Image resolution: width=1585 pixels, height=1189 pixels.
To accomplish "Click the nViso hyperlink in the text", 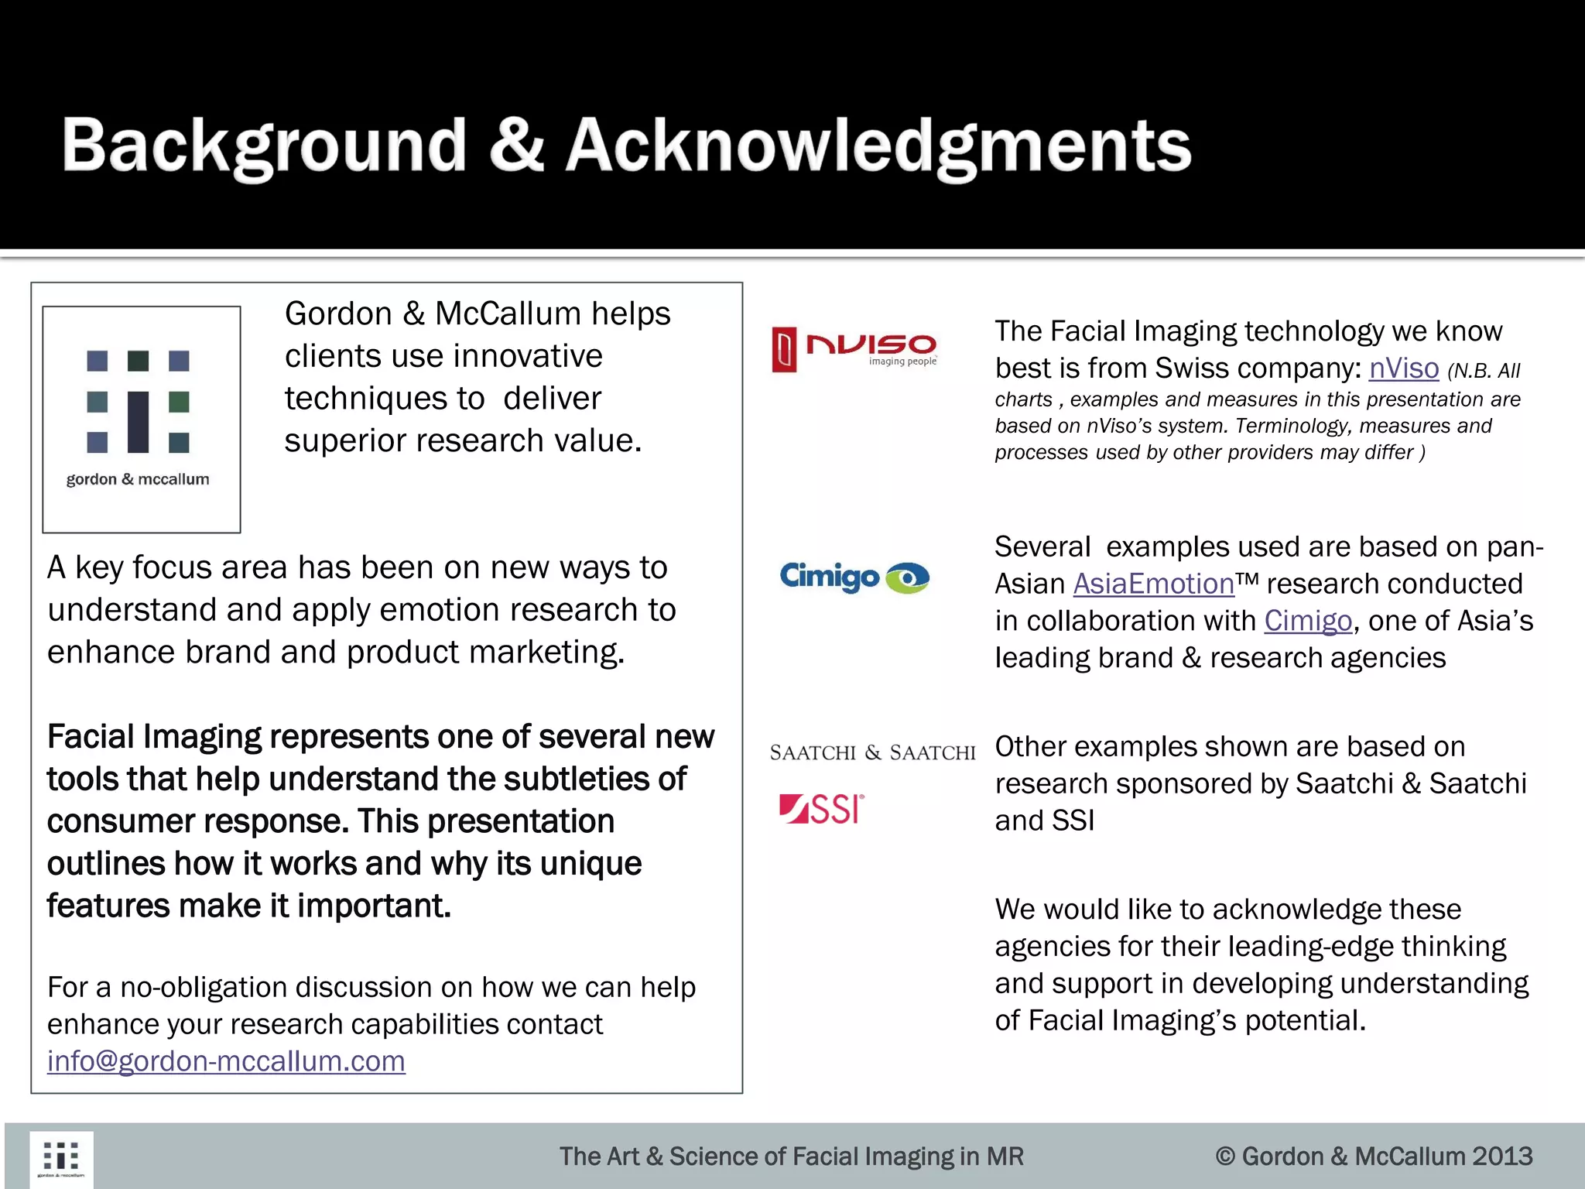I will [x=1403, y=368].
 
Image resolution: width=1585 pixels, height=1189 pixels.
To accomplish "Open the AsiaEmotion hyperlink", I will [x=1153, y=584].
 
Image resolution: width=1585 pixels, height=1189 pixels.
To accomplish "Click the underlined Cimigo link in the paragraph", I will [x=1308, y=621].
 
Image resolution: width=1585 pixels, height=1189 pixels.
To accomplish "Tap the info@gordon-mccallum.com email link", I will [x=226, y=1061].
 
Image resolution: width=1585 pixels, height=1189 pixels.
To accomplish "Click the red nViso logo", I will [x=854, y=349].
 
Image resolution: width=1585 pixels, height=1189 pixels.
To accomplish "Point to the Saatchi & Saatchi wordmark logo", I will [x=872, y=752].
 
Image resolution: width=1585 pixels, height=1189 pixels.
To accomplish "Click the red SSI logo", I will [x=821, y=810].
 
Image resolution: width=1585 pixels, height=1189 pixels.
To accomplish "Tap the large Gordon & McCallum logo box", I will [x=142, y=419].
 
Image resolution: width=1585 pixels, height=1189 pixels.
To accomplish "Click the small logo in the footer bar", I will [x=61, y=1159].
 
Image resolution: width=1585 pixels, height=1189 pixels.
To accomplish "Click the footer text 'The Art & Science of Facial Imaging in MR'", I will [x=791, y=1156].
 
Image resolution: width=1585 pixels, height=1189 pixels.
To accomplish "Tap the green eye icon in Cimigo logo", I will [x=907, y=577].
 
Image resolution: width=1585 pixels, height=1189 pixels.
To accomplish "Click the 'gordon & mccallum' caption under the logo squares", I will [x=138, y=479].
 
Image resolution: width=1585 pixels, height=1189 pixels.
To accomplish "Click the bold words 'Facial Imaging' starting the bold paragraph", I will [x=154, y=737].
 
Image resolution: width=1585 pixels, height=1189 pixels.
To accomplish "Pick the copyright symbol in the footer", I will [x=1224, y=1156].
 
